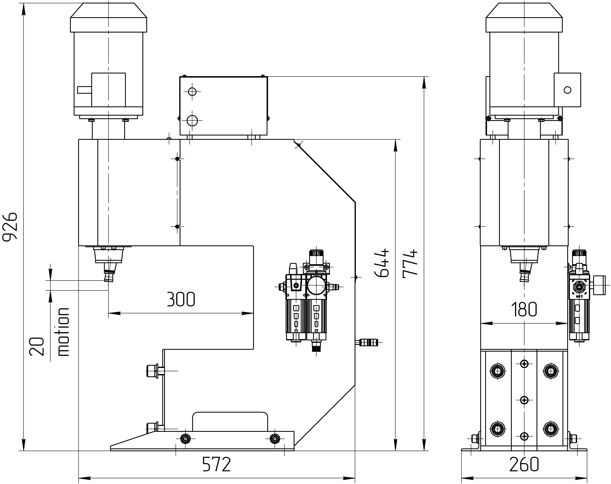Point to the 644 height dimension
pos(382,263)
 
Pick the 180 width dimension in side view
pos(524,309)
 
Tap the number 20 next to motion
pos(37,346)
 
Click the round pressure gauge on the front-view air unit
pos(316,285)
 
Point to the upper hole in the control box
pos(192,91)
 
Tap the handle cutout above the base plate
pos(230,421)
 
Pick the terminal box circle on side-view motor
pos(567,90)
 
